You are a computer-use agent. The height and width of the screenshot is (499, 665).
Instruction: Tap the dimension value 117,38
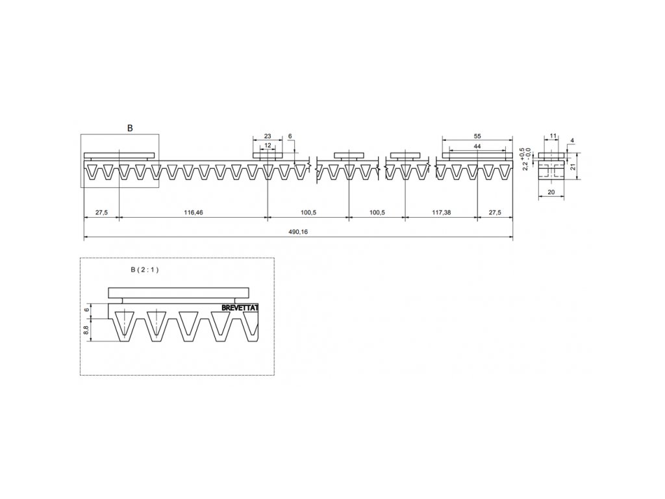point(442,212)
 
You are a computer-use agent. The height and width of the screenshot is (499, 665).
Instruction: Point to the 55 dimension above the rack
point(477,136)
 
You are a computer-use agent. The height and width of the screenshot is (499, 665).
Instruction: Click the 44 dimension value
point(477,147)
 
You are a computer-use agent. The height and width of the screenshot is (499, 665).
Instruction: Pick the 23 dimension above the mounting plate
point(268,136)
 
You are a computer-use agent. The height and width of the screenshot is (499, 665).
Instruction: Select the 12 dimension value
point(268,146)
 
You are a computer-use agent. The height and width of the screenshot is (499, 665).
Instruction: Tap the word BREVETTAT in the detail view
point(240,308)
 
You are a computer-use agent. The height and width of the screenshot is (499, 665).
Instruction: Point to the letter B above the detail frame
point(130,128)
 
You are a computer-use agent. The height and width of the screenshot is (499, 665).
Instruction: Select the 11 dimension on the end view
point(553,136)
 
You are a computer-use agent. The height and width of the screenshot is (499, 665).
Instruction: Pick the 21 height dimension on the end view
point(574,166)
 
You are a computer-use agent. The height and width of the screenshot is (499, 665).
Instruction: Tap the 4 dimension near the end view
point(571,140)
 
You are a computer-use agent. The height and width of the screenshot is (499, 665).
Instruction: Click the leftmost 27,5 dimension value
point(101,212)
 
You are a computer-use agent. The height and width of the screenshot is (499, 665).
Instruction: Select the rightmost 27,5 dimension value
point(495,212)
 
